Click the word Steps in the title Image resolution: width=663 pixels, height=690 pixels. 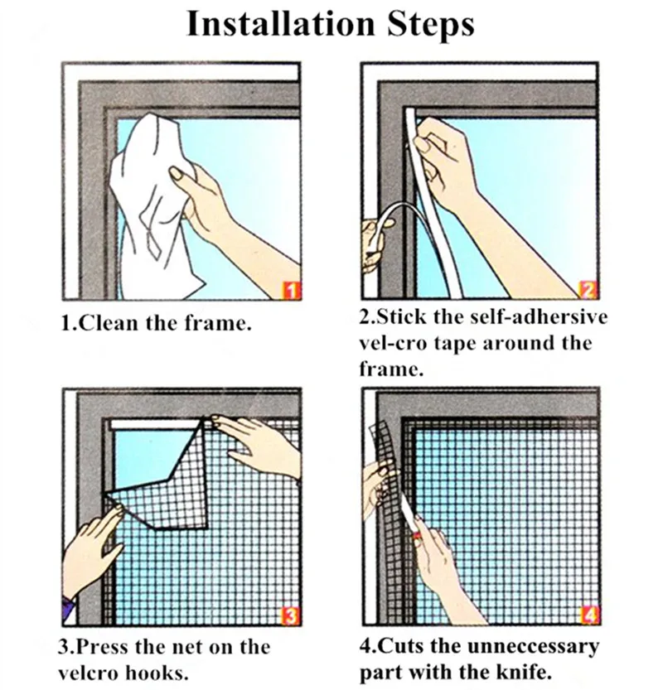click(x=431, y=25)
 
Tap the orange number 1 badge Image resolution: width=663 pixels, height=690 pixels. click(x=291, y=291)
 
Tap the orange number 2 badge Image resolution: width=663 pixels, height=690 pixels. click(x=588, y=290)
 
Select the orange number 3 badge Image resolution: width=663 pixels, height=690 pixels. click(x=291, y=615)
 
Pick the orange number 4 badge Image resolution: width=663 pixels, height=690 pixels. click(x=590, y=615)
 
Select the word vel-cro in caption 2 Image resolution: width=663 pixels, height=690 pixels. click(x=393, y=343)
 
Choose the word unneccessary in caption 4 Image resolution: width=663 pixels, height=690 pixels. click(x=533, y=646)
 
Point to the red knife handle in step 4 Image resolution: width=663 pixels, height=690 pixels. click(x=414, y=536)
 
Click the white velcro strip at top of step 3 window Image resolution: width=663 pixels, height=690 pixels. click(x=154, y=424)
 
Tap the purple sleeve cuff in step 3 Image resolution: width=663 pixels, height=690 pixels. click(x=67, y=607)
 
